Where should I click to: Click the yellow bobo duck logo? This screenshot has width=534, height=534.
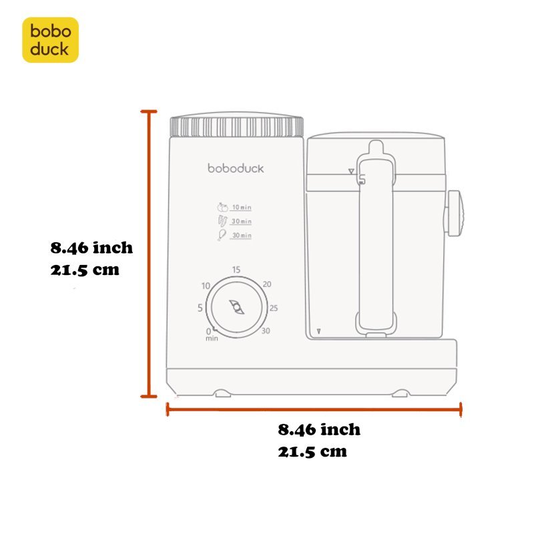click(51, 40)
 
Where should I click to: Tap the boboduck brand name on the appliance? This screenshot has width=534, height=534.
click(236, 168)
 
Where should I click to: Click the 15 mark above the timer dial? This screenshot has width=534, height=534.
click(236, 270)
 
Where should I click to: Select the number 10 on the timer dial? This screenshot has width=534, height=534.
click(206, 286)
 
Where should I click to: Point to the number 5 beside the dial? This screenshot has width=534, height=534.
click(200, 308)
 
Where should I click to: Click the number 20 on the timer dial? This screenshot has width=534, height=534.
click(267, 284)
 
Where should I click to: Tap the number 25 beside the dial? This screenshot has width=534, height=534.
click(274, 308)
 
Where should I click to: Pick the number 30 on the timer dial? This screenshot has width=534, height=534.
click(266, 330)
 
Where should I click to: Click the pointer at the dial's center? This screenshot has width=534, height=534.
click(236, 307)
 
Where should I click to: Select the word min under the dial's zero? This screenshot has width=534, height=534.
click(212, 338)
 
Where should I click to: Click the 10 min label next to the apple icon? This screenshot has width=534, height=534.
click(242, 207)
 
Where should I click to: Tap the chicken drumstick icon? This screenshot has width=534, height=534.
click(222, 235)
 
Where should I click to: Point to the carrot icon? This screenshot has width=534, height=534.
click(222, 221)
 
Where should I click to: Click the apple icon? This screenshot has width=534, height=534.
click(222, 207)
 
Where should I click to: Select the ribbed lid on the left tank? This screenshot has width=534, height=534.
click(237, 125)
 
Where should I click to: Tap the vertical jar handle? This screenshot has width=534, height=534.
click(376, 238)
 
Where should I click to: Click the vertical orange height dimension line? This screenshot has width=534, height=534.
click(149, 254)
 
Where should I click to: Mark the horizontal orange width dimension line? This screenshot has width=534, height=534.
click(314, 409)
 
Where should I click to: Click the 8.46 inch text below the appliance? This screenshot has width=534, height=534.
click(319, 429)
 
